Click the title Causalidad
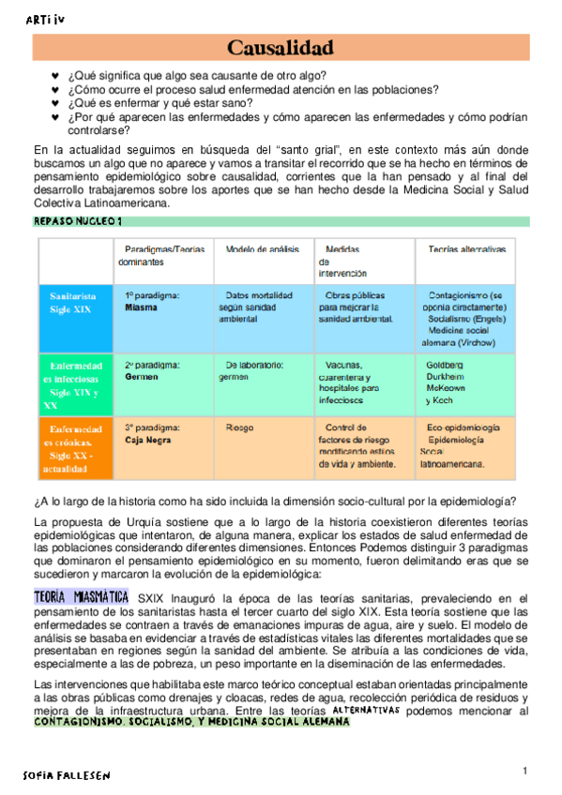pos(281,47)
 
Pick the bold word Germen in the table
pos(144,376)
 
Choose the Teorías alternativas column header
pos(466,249)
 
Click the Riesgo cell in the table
pos(239,427)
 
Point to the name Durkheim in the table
pos(447,376)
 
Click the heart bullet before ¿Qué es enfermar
pos(55,103)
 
